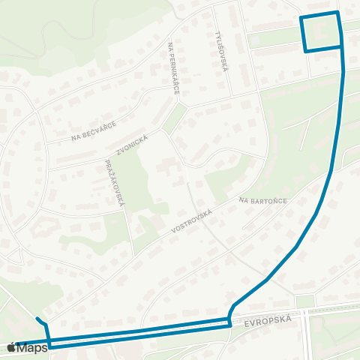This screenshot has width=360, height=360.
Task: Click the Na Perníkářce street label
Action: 174,67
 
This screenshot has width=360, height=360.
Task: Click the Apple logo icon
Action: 10,347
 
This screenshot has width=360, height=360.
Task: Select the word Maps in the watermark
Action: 32,347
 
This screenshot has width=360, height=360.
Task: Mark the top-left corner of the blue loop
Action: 301,17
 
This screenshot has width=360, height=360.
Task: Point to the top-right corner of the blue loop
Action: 338,13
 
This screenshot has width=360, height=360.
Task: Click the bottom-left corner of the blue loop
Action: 306,51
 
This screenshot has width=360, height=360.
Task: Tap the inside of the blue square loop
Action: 322,32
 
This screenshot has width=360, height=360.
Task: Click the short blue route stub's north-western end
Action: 37,318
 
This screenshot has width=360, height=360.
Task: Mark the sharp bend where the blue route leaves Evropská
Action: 229,318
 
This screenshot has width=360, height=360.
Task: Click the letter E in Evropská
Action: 246,323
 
